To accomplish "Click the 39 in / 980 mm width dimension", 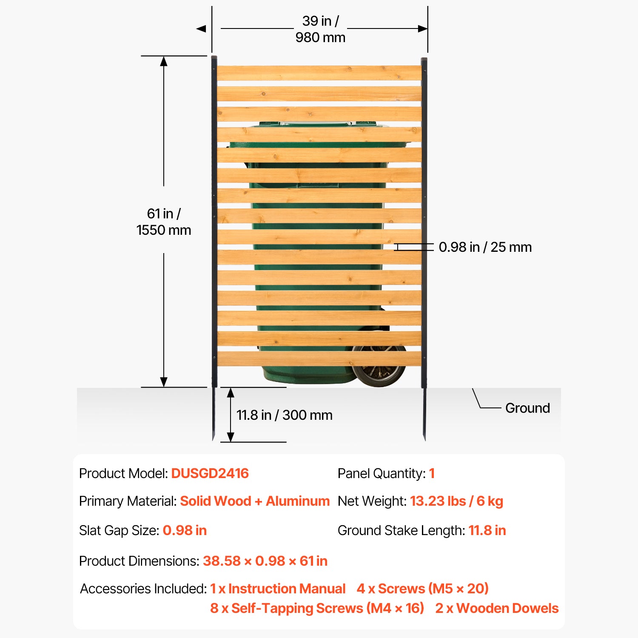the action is point(320,29).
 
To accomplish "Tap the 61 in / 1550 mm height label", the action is point(164,222).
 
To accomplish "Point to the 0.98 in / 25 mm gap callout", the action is point(485,247).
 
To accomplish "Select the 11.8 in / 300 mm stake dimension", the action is point(285,415).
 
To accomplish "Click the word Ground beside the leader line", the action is point(527,408).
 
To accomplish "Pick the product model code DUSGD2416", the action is point(210,473).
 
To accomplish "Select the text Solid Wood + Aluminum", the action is point(255,501).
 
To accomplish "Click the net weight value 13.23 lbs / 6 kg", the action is point(456,501).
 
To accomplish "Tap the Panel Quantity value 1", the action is point(432,473).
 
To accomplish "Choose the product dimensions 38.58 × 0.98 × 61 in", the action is point(265,561).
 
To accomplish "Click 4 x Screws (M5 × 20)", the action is point(423,589).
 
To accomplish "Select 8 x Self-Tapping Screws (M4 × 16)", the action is point(317,608).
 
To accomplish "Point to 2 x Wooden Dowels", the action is point(497,608).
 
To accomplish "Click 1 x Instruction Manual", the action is point(278,589).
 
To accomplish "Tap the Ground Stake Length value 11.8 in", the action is point(487,530).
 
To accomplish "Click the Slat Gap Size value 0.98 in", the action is point(185,530).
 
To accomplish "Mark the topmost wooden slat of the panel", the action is point(319,73).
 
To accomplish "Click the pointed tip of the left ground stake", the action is point(213,440).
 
